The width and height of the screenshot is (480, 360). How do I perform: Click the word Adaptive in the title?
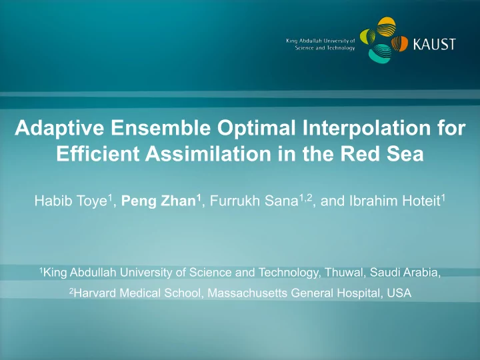[x=59, y=128]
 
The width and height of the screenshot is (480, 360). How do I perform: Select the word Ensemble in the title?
[x=161, y=127]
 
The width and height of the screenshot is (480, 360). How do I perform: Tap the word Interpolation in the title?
[x=367, y=128]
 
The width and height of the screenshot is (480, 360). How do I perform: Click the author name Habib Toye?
[x=71, y=201]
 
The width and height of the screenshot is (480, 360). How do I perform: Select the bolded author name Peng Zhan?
[x=159, y=201]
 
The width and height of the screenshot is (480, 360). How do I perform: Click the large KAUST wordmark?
[x=435, y=44]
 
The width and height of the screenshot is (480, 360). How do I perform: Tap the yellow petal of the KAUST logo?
[x=386, y=27]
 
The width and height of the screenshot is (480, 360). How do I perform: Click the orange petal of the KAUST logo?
[x=400, y=43]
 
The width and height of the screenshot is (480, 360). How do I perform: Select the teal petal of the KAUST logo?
[x=379, y=53]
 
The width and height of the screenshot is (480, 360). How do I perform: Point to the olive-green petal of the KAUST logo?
[x=367, y=36]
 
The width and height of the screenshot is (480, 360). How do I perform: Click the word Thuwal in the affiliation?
[x=345, y=272]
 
